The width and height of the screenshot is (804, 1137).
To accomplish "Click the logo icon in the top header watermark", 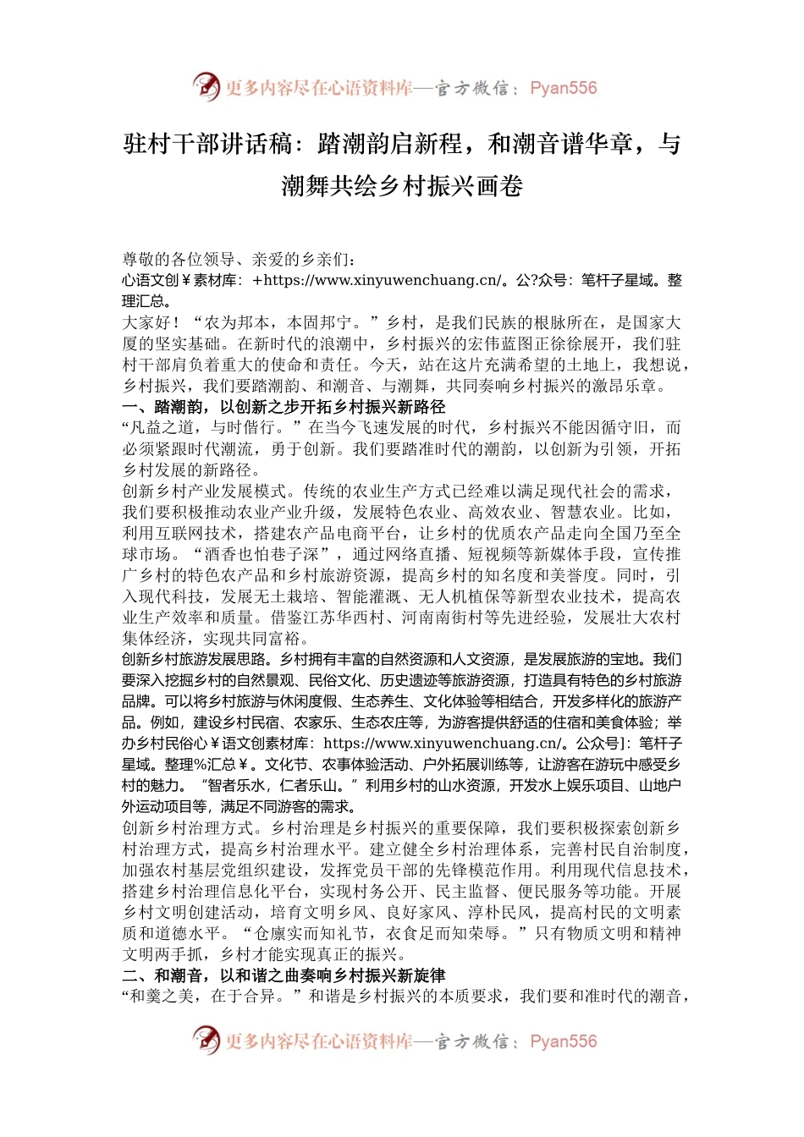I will click(x=206, y=86).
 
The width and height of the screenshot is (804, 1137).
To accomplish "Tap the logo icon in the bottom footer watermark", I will click(x=206, y=1040).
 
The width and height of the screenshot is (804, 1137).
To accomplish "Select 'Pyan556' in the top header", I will click(x=563, y=88).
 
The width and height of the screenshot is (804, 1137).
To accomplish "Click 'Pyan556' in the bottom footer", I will click(x=563, y=1041).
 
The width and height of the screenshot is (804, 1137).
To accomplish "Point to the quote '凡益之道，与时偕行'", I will click(x=212, y=428).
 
